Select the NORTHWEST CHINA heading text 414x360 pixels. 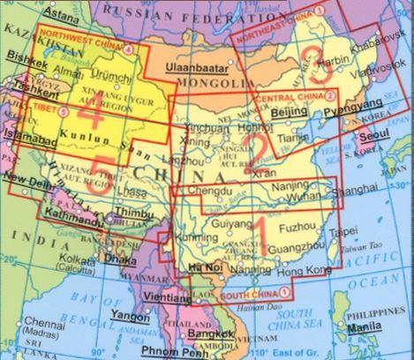click(82, 49)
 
